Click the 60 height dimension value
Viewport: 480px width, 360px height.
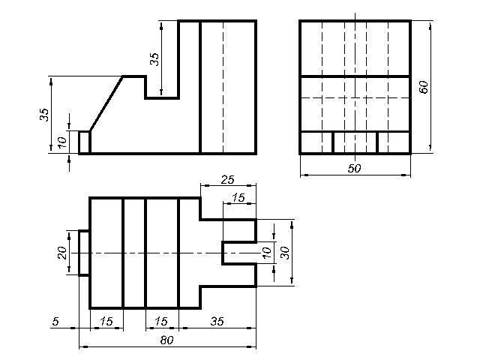click(424, 87)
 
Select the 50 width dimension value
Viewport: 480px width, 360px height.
click(355, 168)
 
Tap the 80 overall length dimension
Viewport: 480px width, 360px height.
click(166, 340)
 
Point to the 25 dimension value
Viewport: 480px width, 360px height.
click(228, 180)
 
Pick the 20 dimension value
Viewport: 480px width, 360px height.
click(62, 253)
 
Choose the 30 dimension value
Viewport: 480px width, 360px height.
click(285, 253)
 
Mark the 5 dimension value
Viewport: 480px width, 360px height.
click(55, 322)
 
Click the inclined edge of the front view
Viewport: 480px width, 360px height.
click(106, 103)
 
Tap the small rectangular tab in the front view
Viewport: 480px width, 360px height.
click(84, 142)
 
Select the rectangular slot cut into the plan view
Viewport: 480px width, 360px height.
click(239, 253)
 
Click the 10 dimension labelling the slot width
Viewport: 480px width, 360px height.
click(267, 253)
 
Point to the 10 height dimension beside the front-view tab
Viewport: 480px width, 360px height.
click(62, 142)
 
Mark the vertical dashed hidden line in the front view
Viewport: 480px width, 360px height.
click(223, 87)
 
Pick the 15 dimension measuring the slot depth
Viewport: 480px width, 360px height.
click(238, 197)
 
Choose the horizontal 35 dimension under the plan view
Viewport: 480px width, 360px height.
click(217, 322)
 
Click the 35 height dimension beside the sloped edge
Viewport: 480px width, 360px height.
click(45, 115)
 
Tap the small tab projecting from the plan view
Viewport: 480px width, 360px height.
click(84, 253)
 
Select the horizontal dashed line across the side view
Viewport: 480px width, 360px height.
click(355, 98)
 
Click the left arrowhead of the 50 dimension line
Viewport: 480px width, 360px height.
click(304, 175)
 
